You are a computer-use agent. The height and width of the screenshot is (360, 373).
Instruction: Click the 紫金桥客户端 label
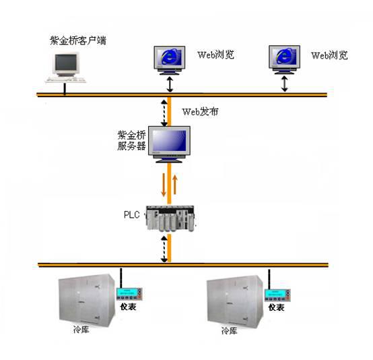(78, 40)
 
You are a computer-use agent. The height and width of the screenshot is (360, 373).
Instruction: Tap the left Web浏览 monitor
(170, 60)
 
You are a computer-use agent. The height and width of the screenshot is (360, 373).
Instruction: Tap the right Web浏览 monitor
(284, 60)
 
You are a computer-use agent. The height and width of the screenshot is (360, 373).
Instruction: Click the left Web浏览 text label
(215, 55)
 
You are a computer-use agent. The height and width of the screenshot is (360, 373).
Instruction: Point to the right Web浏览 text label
(329, 55)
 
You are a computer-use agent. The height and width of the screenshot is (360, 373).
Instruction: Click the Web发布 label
(200, 112)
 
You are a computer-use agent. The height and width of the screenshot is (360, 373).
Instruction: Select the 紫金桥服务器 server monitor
(169, 144)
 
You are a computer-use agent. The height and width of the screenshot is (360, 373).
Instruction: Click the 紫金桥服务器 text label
(131, 141)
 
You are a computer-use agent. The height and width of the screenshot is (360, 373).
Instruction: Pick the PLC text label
(131, 214)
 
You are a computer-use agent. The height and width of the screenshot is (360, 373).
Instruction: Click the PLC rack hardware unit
(170, 218)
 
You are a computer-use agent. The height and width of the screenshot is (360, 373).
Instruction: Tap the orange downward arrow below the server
(164, 185)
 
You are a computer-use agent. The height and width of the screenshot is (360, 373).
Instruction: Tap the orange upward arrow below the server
(175, 185)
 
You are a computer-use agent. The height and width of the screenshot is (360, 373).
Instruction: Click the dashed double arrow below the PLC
(164, 249)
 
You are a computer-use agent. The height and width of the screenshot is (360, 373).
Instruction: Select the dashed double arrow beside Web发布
(164, 113)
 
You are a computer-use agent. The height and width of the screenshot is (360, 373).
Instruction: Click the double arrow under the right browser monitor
(285, 84)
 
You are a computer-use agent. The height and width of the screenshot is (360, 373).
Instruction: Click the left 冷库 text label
(81, 330)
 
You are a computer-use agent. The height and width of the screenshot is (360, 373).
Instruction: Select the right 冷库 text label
(230, 330)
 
